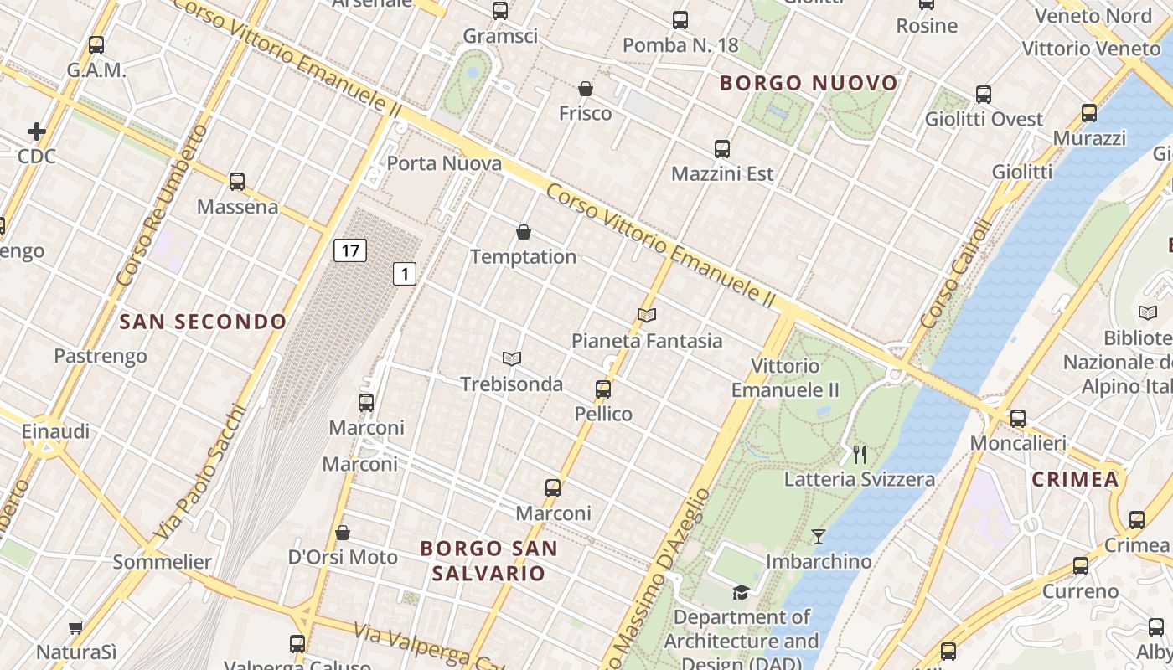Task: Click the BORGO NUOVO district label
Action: click(x=809, y=83)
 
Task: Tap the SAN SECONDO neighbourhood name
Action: click(x=203, y=322)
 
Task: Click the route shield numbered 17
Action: click(x=350, y=250)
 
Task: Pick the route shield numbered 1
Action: click(x=406, y=273)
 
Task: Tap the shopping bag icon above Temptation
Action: click(x=524, y=232)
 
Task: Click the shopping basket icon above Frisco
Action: click(x=586, y=89)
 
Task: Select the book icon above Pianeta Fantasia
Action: click(x=646, y=316)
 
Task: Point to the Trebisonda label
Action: click(x=511, y=384)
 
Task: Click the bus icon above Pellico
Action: click(x=603, y=389)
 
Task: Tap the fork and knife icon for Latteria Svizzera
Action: click(x=859, y=455)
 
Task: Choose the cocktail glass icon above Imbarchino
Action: click(x=819, y=536)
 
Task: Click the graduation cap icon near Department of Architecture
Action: click(x=741, y=593)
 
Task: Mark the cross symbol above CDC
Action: click(x=37, y=131)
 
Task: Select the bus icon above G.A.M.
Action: click(x=96, y=45)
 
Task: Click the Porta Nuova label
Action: click(x=444, y=163)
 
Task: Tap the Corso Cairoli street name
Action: click(x=955, y=274)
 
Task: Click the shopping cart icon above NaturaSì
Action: click(x=76, y=627)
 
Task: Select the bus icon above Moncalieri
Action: click(x=1018, y=419)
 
